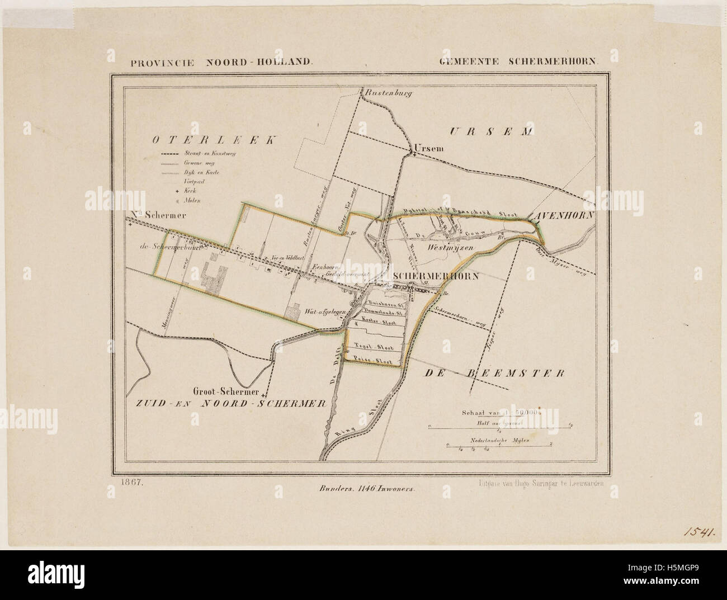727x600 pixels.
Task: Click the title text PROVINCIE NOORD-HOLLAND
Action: click(x=220, y=63)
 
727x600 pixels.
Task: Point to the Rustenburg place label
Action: click(x=388, y=93)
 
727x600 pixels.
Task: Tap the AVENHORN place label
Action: click(x=562, y=214)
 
